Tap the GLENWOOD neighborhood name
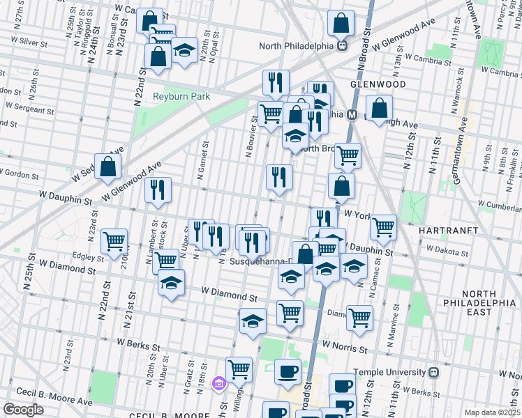(x=378, y=84)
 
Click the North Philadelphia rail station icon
(x=343, y=46)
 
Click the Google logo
(x=23, y=410)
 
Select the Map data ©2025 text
(x=492, y=412)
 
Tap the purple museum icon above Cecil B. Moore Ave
(x=218, y=383)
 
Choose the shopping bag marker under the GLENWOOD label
(x=379, y=109)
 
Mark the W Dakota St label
(x=448, y=248)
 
